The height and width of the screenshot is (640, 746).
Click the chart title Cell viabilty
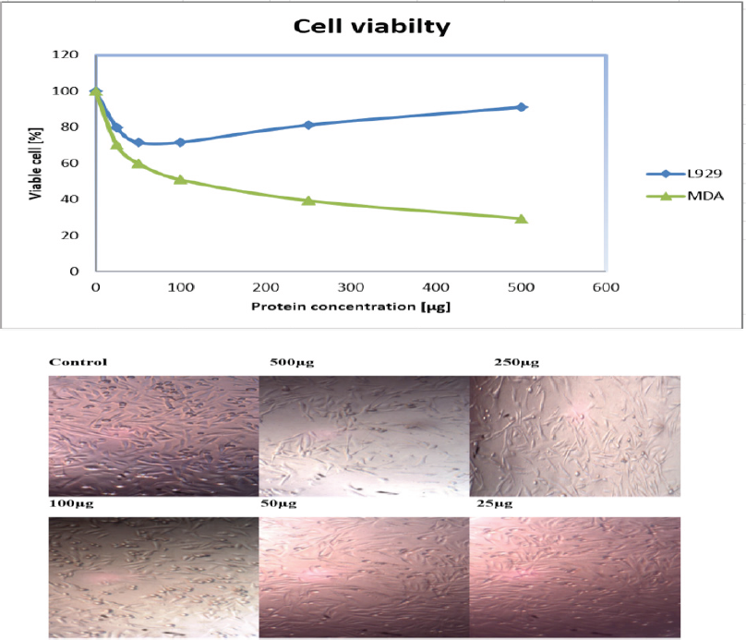pos(372,26)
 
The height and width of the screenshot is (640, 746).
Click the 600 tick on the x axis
pos(605,287)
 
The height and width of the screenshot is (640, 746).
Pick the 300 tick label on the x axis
pos(351,287)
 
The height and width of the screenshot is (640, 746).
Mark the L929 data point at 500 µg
pos(522,107)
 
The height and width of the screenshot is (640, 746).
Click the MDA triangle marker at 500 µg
pos(522,219)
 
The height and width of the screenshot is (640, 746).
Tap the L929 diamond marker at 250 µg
pos(308,125)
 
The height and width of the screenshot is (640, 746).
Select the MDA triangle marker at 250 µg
pos(308,200)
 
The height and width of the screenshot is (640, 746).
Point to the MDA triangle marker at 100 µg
pos(181,179)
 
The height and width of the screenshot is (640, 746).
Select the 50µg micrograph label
pos(285,504)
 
